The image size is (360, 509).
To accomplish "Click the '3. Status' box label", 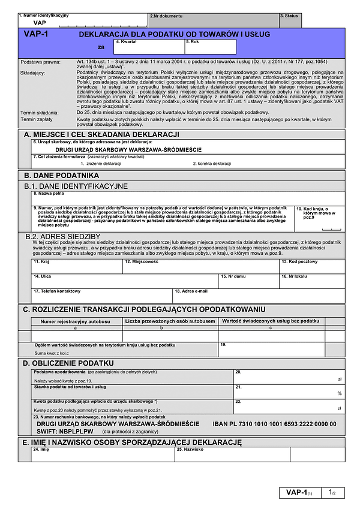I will click(289, 16).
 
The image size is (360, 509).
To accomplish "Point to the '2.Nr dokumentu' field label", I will click(166, 16).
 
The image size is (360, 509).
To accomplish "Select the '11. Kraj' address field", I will click(77, 267).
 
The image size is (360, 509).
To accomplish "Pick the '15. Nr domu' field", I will click(248, 281).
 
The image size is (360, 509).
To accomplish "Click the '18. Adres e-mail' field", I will click(259, 296).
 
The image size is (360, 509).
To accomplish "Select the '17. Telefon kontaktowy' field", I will click(102, 296).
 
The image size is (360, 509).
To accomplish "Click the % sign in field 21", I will click(339, 393).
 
